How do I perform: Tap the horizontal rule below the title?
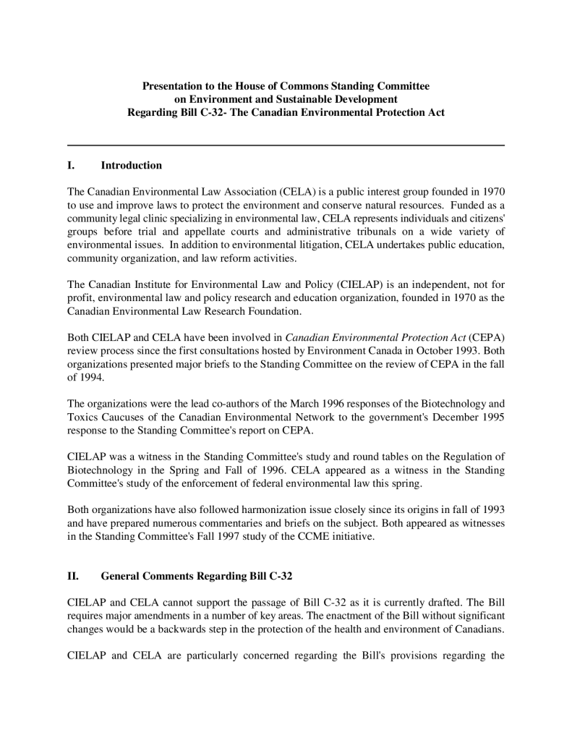pos(286,146)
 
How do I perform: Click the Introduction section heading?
pos(131,166)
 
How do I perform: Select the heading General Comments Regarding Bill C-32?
pos(196,577)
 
